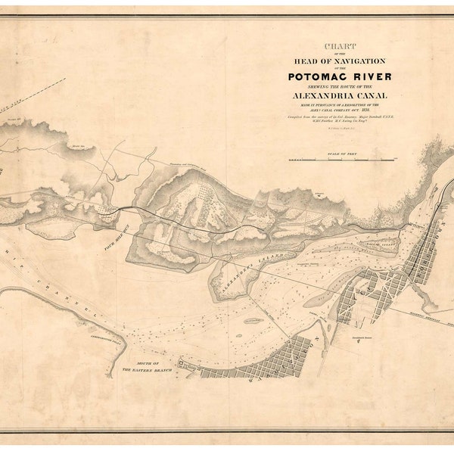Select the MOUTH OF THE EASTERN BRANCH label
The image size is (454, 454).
click(148, 368)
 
